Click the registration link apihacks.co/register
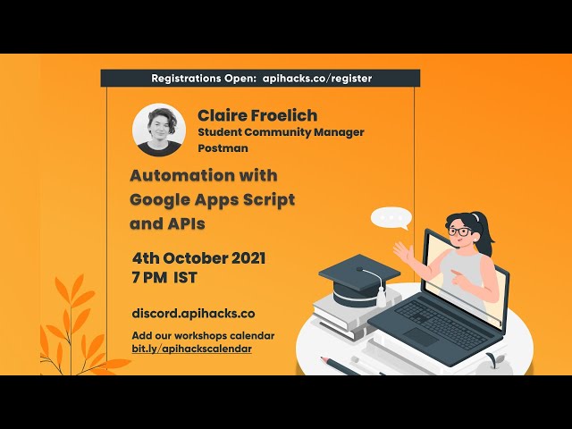(317, 79)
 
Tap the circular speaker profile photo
(159, 130)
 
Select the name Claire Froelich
(257, 116)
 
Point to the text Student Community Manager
(281, 133)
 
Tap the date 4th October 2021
(198, 258)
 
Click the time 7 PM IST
(164, 279)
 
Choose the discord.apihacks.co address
(193, 314)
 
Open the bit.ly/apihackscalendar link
(191, 348)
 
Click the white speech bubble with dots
(391, 218)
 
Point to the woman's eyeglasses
(459, 232)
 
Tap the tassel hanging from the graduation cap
(381, 292)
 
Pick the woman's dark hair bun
(482, 219)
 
